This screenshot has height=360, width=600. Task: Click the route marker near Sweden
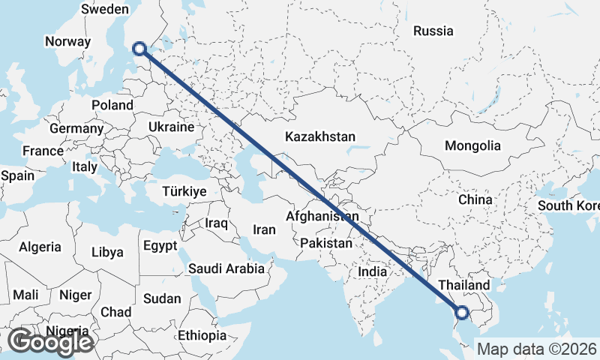click(x=139, y=49)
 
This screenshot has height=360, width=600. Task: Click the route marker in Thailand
click(x=462, y=313)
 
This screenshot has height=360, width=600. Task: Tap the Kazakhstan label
click(x=319, y=137)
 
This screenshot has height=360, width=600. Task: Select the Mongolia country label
click(x=472, y=145)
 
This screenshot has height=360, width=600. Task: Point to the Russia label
click(x=433, y=31)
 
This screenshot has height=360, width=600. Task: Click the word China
click(x=475, y=199)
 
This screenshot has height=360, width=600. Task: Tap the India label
click(x=373, y=271)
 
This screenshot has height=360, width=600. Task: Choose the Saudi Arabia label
click(x=226, y=268)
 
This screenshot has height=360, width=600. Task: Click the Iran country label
click(x=264, y=230)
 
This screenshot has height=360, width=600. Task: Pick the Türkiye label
click(x=184, y=192)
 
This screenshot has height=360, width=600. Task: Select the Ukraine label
click(x=172, y=127)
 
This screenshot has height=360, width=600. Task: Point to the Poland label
click(x=112, y=105)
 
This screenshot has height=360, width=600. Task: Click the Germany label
click(x=76, y=128)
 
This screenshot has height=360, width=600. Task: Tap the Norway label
click(x=67, y=42)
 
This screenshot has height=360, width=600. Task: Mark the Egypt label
click(x=160, y=245)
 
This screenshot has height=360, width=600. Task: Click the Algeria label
click(x=40, y=247)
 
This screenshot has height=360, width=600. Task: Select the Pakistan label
click(x=326, y=244)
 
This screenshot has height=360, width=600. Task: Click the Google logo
click(x=50, y=342)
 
